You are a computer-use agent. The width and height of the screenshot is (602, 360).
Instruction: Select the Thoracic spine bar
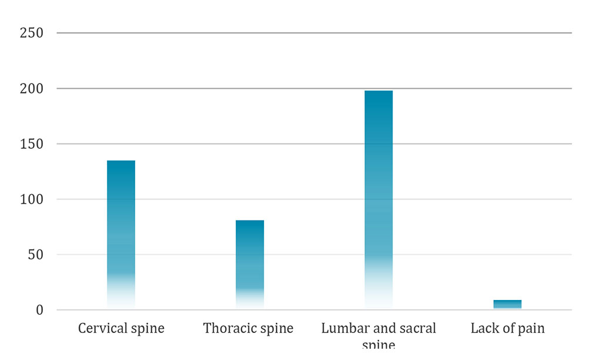250,264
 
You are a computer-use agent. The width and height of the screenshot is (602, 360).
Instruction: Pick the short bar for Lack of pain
507,304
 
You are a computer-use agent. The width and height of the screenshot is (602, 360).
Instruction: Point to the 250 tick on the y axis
32,33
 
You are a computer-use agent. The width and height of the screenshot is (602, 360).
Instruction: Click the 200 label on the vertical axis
32,89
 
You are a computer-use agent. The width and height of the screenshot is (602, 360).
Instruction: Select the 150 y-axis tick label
32,144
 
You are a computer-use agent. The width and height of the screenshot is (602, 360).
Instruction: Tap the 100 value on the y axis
32,199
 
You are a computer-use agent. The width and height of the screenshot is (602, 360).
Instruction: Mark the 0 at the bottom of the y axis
39,310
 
